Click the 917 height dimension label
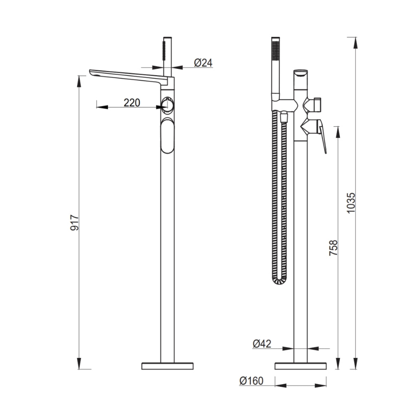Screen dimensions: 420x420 point(74,222)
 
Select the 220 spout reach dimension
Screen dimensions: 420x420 point(132,102)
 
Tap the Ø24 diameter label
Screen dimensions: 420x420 point(203,63)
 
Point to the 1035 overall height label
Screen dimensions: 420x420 point(351,203)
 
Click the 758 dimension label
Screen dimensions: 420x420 point(333,248)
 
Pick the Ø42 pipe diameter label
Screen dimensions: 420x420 point(262,344)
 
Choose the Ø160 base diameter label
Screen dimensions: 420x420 point(252,381)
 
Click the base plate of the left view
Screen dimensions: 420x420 point(168,366)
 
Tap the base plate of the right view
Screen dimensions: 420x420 point(301,366)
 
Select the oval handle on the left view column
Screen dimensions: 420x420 point(168,136)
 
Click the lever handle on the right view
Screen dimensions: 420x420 point(322,136)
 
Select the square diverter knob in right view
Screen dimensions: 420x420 point(318,105)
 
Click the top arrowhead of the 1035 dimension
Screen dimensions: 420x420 point(355,43)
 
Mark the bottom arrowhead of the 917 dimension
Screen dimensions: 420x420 point(79,363)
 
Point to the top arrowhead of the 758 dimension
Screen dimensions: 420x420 point(338,132)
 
